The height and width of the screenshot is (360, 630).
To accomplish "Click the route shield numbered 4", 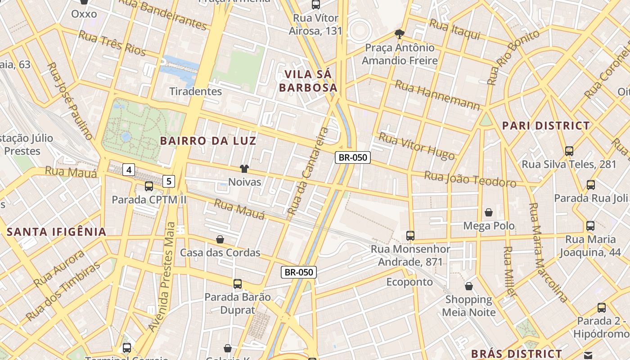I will pyautogui.click(x=129, y=170).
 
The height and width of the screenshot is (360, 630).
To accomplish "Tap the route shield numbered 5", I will pyautogui.click(x=169, y=181).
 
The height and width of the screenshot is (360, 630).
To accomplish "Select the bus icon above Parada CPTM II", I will pyautogui.click(x=148, y=186).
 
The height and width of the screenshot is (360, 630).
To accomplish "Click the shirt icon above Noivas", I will pyautogui.click(x=244, y=169).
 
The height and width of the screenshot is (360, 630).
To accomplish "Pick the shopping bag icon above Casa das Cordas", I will pyautogui.click(x=220, y=239).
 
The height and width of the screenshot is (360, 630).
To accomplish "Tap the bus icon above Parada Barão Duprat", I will pyautogui.click(x=238, y=284).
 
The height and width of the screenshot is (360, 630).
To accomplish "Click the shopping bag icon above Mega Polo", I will pyautogui.click(x=489, y=212).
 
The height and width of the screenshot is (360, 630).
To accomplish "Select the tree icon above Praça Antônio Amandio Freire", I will pyautogui.click(x=399, y=34).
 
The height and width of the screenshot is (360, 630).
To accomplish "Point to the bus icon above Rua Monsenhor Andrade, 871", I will pyautogui.click(x=410, y=235).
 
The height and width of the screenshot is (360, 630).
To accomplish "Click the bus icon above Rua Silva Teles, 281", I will pyautogui.click(x=569, y=151).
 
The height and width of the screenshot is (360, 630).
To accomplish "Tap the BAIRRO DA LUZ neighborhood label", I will pyautogui.click(x=208, y=141).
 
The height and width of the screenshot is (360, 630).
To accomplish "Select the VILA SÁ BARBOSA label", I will pyautogui.click(x=308, y=81).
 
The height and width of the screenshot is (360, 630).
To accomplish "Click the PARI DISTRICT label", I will pyautogui.click(x=546, y=126).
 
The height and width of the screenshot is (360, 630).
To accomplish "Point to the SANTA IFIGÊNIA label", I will pyautogui.click(x=57, y=232).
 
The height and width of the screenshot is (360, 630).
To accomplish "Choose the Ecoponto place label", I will pyautogui.click(x=409, y=282).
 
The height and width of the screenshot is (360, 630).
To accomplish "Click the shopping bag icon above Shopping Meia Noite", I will pyautogui.click(x=469, y=286).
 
